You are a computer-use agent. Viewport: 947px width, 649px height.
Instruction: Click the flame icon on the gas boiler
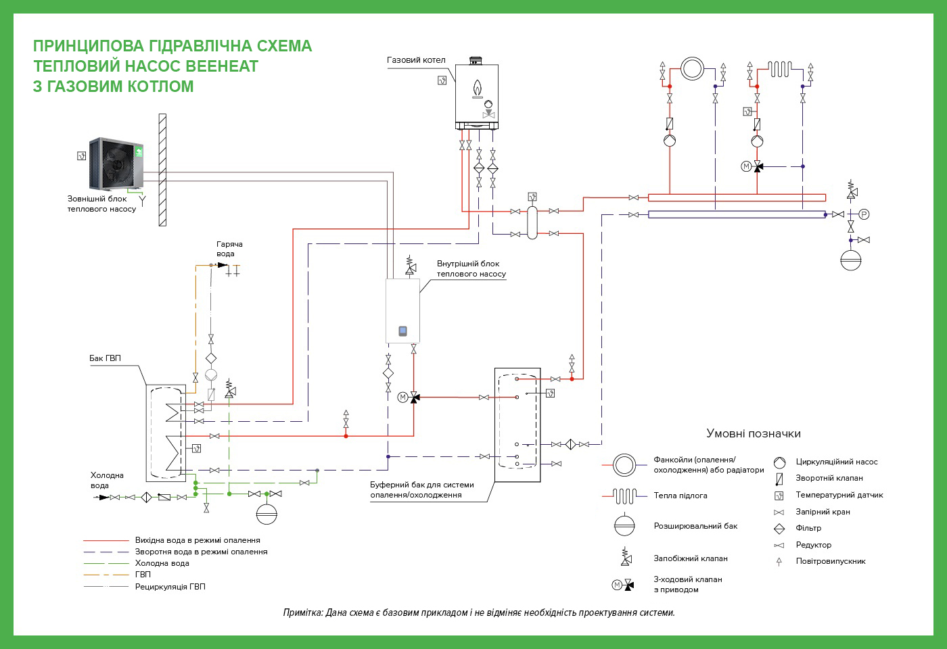(x=478, y=88)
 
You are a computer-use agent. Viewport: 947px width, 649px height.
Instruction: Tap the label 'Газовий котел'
(x=416, y=60)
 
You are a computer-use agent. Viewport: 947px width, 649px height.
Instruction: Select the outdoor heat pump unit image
(x=116, y=163)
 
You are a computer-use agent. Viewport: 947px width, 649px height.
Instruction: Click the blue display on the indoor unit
(x=403, y=331)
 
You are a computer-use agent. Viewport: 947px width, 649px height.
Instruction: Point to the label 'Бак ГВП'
(x=105, y=358)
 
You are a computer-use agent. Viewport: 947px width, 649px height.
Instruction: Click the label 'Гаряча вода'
(x=229, y=249)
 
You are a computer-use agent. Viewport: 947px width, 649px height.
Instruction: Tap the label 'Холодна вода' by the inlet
(x=107, y=481)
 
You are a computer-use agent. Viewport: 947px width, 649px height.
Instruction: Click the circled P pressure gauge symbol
(x=864, y=215)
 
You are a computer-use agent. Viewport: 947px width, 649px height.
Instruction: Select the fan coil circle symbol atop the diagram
(x=692, y=68)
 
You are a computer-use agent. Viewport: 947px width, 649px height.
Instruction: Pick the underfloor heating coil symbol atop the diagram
(x=779, y=69)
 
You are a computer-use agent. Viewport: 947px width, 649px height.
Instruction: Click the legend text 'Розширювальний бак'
(x=695, y=526)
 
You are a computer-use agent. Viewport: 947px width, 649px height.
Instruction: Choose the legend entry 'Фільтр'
(x=808, y=528)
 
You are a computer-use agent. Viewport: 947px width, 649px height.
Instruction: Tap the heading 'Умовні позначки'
(x=754, y=433)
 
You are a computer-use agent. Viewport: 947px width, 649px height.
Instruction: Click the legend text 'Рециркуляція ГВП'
(x=170, y=587)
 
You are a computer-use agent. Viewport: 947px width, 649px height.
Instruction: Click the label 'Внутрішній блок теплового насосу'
(x=471, y=269)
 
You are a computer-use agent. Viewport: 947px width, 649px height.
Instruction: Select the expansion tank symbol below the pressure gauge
(x=851, y=260)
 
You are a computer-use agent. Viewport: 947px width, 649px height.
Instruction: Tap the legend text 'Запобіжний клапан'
(x=691, y=558)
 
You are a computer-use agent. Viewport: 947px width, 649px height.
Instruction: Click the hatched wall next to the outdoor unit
(x=162, y=170)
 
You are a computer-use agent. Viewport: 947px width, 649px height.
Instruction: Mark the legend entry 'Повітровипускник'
(x=831, y=562)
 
